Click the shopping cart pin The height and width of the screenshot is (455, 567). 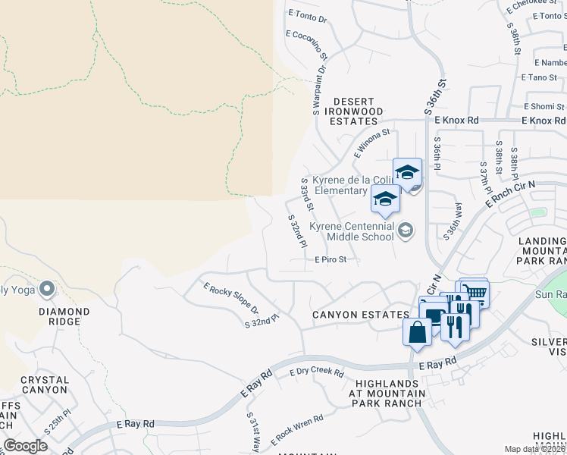coord(475,292)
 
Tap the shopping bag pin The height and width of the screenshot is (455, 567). coord(417,331)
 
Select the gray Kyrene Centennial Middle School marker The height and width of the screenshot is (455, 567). coord(406,230)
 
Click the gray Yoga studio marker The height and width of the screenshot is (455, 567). coord(47,288)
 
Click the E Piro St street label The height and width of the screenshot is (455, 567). coord(330,259)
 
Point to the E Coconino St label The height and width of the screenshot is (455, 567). coord(307,45)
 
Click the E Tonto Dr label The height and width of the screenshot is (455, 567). coord(307,15)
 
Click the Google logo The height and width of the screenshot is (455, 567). coord(25,446)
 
